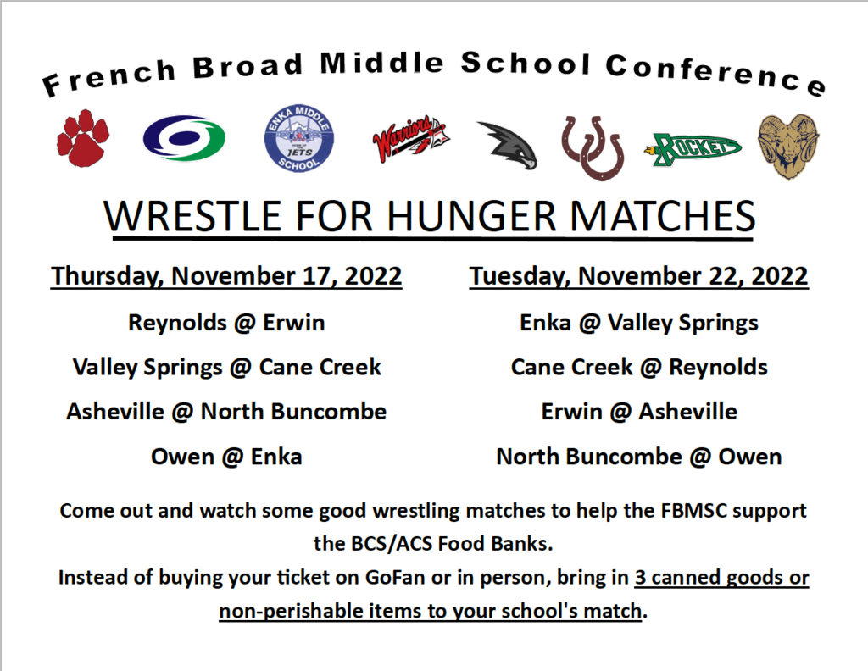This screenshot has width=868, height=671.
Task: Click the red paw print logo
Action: coord(83,138)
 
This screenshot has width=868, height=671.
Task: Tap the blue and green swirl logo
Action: coord(184,138)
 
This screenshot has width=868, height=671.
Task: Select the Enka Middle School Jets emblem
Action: coord(299,138)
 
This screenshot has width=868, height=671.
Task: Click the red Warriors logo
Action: coord(411,139)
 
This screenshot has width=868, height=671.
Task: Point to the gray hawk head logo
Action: coord(509,145)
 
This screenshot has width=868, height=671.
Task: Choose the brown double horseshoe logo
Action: coord(593,147)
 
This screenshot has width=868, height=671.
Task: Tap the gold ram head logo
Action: coord(788,147)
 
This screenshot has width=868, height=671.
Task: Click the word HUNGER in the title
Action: coord(471,216)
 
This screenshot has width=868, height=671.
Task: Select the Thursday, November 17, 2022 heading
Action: coord(226,276)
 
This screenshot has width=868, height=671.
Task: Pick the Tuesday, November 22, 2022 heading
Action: coord(639,276)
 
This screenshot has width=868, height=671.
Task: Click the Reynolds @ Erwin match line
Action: coord(226,323)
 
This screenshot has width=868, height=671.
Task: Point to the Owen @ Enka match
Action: coord(226,457)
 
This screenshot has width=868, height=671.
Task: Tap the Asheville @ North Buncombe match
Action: coord(226,412)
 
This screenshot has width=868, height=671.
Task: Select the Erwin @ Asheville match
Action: coord(639,412)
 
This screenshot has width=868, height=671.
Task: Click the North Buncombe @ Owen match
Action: coord(639,457)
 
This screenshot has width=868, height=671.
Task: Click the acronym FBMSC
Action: coord(693,511)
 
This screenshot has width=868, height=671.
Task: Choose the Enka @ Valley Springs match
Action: coord(639,323)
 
